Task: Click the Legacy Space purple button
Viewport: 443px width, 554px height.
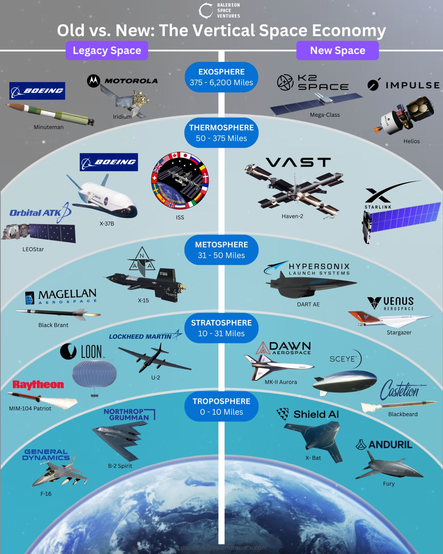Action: pyautogui.click(x=107, y=51)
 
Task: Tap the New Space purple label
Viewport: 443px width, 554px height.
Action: pyautogui.click(x=337, y=51)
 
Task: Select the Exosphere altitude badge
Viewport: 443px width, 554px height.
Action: pyautogui.click(x=221, y=77)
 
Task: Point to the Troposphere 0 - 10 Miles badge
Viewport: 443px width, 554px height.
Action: pyautogui.click(x=221, y=406)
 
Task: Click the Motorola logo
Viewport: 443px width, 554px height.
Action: pyautogui.click(x=122, y=81)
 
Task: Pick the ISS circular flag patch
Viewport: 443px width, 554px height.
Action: pyautogui.click(x=180, y=181)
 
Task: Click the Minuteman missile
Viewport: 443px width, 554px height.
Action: pyautogui.click(x=50, y=113)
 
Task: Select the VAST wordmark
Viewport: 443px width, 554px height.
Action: pyautogui.click(x=298, y=162)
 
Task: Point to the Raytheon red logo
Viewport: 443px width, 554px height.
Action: pyautogui.click(x=38, y=385)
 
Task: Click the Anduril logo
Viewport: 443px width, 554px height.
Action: pyautogui.click(x=384, y=445)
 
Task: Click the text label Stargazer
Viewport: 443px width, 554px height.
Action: pyautogui.click(x=399, y=332)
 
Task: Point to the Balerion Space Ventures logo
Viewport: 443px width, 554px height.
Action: pyautogui.click(x=219, y=11)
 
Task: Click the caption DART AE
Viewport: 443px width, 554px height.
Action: pyautogui.click(x=308, y=304)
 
